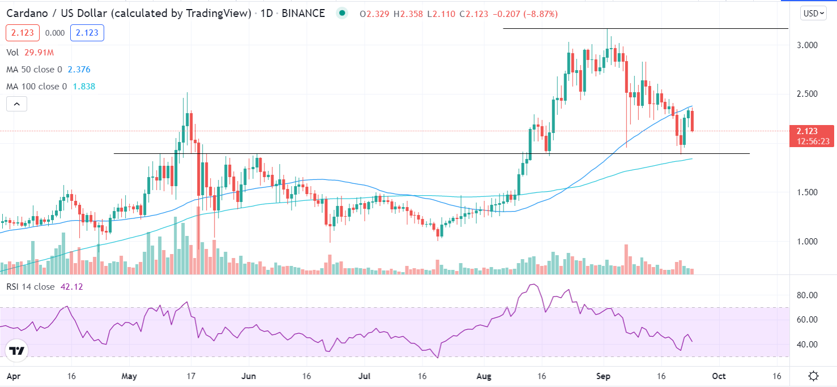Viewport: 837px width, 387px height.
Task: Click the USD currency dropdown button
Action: click(813, 14)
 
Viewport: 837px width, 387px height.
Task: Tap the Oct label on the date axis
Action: click(719, 376)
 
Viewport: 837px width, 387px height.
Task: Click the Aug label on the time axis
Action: click(483, 376)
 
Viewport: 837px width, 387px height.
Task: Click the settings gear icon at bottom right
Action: click(813, 376)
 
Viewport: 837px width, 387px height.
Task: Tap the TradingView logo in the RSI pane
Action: click(17, 351)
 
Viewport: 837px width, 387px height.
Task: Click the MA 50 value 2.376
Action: click(79, 70)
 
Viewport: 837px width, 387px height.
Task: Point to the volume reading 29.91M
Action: click(39, 52)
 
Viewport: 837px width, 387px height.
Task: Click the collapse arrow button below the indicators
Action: click(17, 104)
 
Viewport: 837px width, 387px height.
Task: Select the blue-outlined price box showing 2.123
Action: click(87, 33)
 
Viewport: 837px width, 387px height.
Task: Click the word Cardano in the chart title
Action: click(26, 14)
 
